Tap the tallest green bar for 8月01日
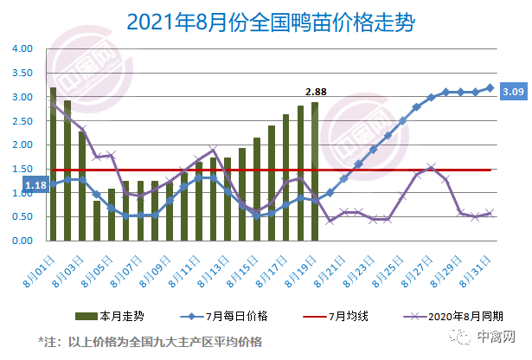[53, 164]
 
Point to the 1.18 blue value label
[35, 184]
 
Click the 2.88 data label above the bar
[315, 92]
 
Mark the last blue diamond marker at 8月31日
[490, 87]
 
